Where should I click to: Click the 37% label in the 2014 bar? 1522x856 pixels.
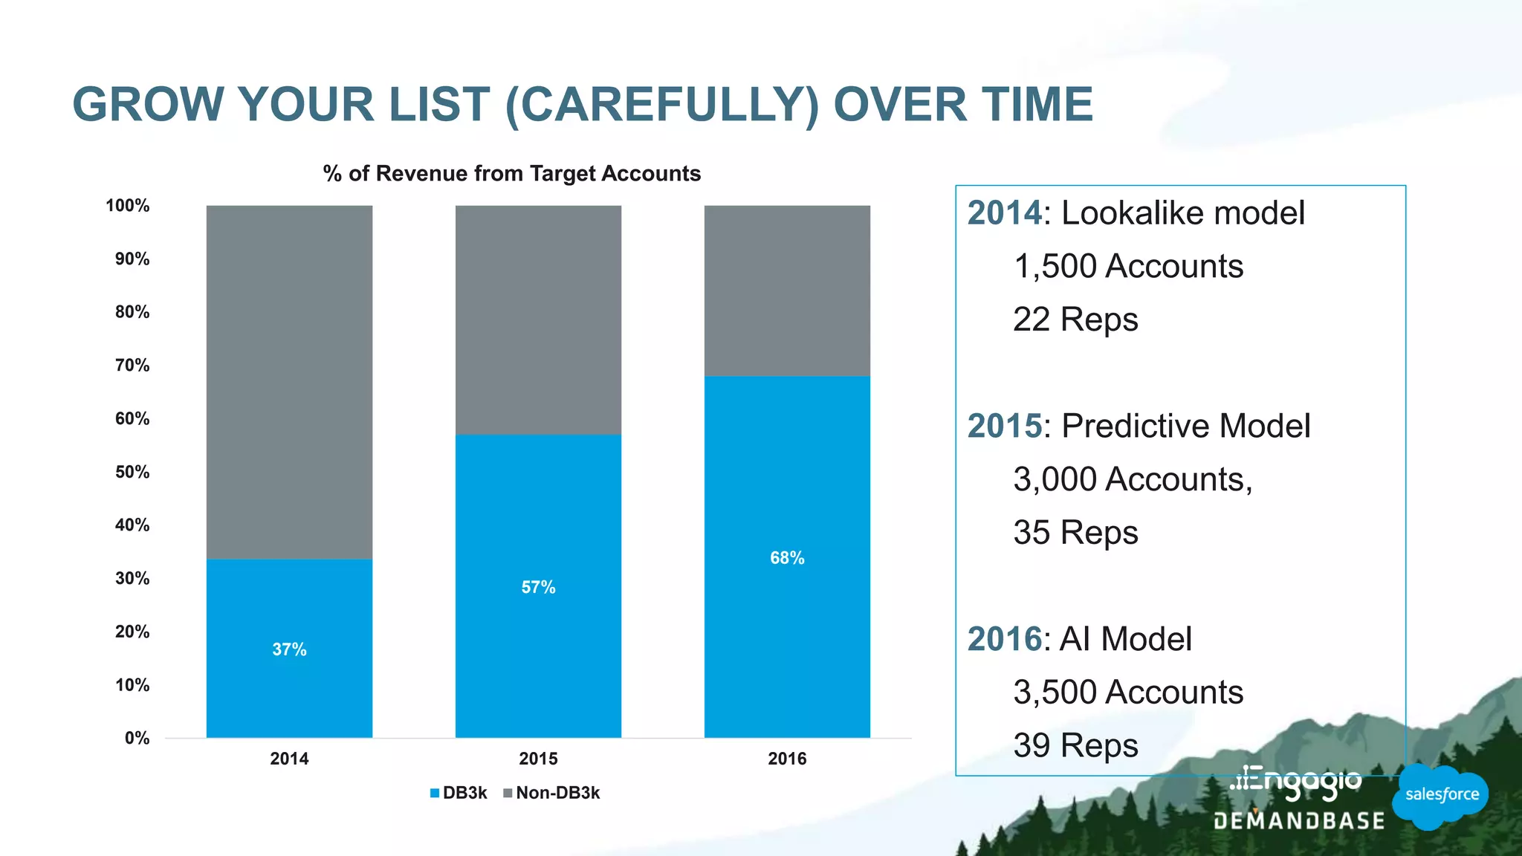pos(289,649)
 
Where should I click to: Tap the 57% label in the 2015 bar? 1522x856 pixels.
pos(538,587)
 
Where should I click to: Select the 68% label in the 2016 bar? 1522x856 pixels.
pos(787,557)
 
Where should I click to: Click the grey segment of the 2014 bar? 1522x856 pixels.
pos(289,382)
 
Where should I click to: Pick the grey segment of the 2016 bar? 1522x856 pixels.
pos(787,291)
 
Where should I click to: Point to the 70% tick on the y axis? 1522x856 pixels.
pos(132,365)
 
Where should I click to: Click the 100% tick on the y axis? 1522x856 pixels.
pos(128,206)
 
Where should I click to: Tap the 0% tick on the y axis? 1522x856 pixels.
pos(137,738)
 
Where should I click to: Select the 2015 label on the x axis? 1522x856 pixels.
pos(538,759)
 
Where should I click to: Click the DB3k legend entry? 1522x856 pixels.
pos(459,793)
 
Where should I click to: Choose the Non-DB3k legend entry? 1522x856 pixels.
pos(551,793)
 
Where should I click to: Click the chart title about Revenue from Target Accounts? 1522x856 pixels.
pos(511,173)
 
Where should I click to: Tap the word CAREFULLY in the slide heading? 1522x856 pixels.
pos(662,104)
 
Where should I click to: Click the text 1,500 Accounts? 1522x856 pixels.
pos(1127,266)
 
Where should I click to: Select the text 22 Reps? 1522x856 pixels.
pos(1075,320)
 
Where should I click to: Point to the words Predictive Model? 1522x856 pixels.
pos(1185,426)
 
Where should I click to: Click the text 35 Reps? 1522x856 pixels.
pos(1075,533)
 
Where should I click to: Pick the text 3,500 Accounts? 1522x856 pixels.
pos(1127,692)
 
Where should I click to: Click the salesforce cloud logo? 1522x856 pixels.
pos(1441,795)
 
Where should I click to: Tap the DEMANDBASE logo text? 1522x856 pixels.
pos(1299,821)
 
